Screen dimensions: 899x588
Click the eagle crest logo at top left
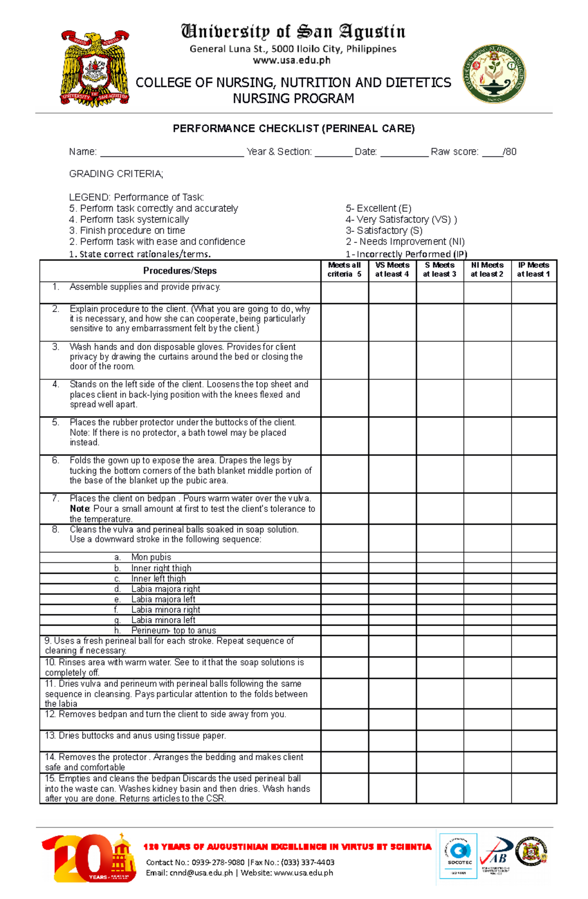[x=95, y=69]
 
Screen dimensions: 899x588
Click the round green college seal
[x=494, y=74]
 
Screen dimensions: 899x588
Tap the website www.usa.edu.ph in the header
[x=292, y=61]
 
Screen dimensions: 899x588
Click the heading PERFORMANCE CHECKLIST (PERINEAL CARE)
[x=294, y=129]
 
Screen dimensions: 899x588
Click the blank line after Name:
[x=171, y=153]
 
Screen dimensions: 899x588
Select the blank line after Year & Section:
[x=333, y=153]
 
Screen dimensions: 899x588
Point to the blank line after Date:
[x=404, y=153]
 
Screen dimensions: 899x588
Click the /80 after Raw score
[x=510, y=152]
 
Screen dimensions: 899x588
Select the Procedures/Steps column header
[x=180, y=271]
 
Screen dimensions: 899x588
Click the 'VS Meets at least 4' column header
[x=392, y=270]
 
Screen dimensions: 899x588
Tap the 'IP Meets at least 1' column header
[x=534, y=270]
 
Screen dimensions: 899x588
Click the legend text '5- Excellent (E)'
[x=378, y=209]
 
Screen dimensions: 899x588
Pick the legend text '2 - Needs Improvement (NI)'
[x=405, y=242]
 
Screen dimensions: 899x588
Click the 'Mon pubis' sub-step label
[x=151, y=558]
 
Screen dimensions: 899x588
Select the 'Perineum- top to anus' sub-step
[x=173, y=631]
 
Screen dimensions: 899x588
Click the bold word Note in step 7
[x=79, y=509]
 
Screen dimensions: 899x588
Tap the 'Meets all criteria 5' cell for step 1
[x=344, y=292]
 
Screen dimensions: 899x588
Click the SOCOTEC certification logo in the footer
[x=459, y=856]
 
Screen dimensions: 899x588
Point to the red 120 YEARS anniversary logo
[x=88, y=859]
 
